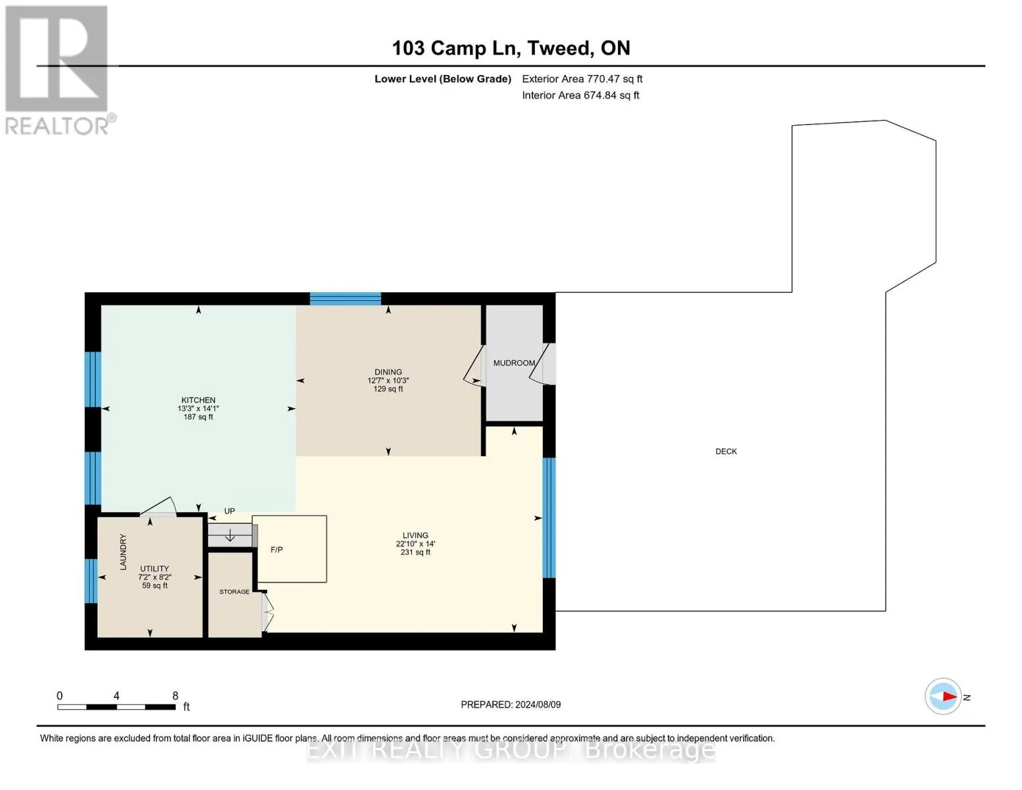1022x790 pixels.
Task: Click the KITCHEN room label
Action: [199, 400]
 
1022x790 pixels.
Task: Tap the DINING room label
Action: [388, 372]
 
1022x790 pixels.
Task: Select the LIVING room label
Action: [415, 535]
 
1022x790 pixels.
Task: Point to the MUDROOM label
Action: [514, 363]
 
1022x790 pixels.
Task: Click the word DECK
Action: [726, 451]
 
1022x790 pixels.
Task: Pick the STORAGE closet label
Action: [234, 591]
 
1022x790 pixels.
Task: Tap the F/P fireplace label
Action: [276, 550]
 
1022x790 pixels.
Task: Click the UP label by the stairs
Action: [230, 511]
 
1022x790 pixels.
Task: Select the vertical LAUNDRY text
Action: [123, 552]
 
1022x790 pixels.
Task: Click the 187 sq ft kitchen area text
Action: [199, 417]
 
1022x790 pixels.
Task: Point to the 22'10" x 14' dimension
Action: [415, 543]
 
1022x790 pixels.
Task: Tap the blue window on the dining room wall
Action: [345, 299]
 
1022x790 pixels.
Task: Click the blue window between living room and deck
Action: [549, 517]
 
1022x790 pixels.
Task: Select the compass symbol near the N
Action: [942, 697]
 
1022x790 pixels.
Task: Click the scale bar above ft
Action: [116, 706]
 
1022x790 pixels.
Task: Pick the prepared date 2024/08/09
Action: [538, 704]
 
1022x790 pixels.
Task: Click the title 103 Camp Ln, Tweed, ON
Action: [511, 48]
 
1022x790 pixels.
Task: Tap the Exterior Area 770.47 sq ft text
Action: [582, 79]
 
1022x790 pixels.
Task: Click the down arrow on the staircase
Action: [230, 535]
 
